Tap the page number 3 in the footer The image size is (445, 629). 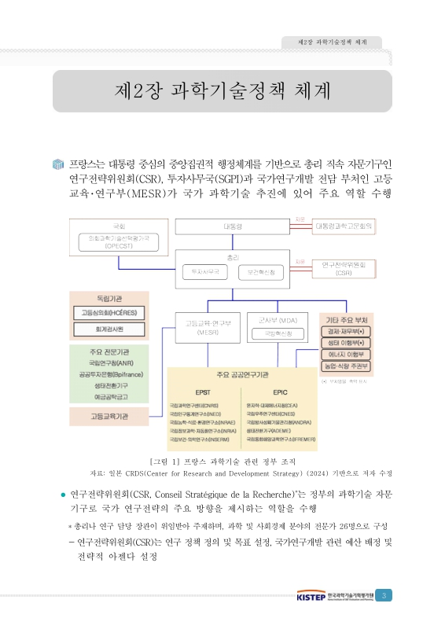point(383,595)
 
